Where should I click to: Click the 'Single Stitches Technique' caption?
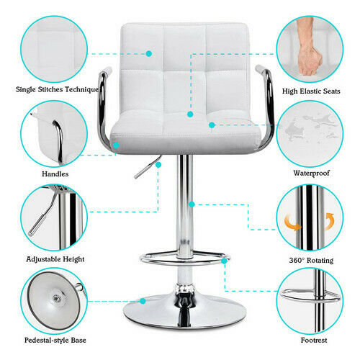(57, 89)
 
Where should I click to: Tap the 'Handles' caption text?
(55, 174)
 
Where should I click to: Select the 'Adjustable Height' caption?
(55, 259)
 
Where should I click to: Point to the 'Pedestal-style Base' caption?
(55, 340)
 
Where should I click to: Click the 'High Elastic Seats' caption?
(311, 91)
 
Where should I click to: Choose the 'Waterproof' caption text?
(311, 173)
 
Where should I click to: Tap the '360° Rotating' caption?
(311, 260)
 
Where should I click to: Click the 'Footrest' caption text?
(314, 340)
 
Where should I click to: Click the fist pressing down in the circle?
(310, 48)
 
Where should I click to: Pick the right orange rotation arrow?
(329, 221)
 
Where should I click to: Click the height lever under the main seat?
(148, 167)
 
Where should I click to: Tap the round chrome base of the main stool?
(184, 311)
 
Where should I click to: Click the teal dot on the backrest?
(149, 53)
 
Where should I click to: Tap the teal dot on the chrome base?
(143, 301)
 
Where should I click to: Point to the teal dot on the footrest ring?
(224, 261)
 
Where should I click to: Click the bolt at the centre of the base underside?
(57, 299)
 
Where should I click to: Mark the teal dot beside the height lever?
(158, 165)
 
